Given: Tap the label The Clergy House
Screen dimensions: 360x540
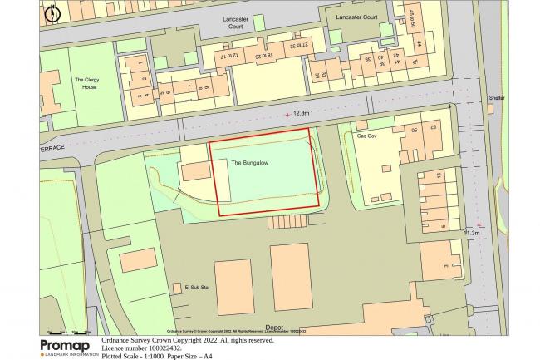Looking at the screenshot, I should (86, 83).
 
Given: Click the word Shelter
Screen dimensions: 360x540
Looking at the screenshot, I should (497, 97).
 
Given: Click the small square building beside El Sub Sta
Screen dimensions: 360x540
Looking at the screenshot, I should (176, 288).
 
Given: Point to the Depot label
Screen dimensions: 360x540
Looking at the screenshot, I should (274, 328).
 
